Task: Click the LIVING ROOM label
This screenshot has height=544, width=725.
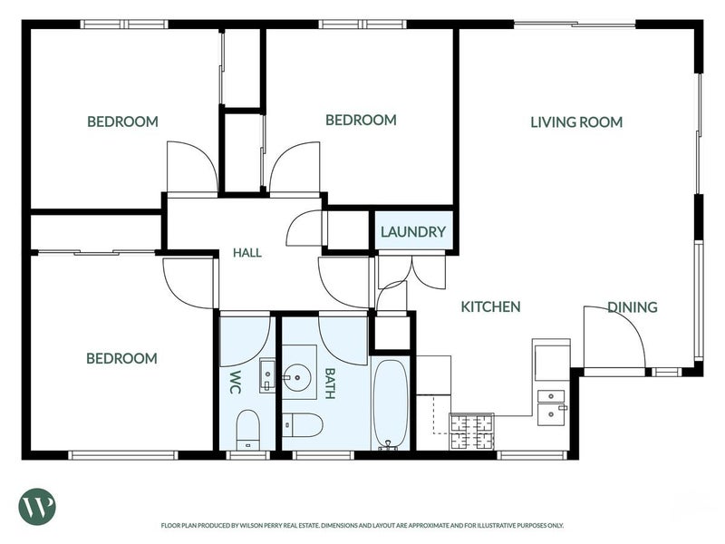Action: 576,122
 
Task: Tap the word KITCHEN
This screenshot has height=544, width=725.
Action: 490,306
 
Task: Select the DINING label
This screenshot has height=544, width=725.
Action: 632,307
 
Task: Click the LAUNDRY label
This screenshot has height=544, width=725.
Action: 413,232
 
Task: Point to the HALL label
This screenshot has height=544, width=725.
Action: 247,253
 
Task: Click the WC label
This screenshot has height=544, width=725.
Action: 236,382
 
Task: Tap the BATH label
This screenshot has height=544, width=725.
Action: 330,383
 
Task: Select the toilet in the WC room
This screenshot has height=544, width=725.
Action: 248,429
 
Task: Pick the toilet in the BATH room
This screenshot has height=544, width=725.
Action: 302,425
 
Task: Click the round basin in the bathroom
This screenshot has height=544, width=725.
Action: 297,378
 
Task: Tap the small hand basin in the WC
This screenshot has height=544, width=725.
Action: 267,374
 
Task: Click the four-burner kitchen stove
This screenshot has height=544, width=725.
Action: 472,432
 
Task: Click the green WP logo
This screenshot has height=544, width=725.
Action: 37,507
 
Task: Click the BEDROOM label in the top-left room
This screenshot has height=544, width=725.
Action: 122,121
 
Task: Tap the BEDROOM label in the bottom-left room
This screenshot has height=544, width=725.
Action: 121,358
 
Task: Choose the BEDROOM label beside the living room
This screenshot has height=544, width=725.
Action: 361,121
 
